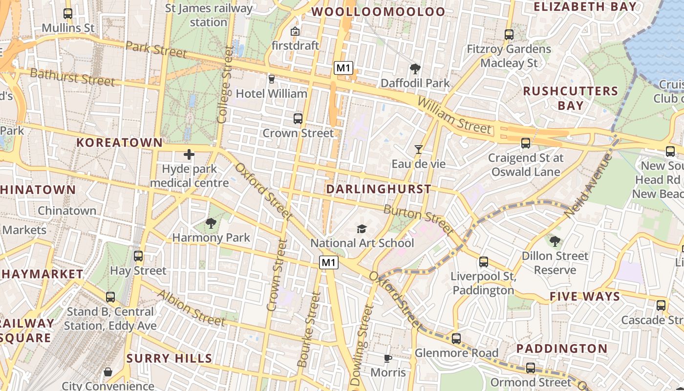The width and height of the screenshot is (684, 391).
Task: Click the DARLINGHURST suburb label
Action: tap(379, 189)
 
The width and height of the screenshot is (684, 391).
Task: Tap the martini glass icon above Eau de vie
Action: tap(419, 150)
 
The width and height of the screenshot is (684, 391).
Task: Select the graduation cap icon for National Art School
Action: tap(362, 229)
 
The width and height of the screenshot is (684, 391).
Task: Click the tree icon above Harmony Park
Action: tap(211, 224)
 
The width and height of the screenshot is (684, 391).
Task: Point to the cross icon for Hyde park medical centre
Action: tap(189, 155)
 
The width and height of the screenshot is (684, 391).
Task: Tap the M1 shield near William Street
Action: tap(343, 68)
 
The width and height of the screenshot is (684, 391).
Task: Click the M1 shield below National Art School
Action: tap(329, 262)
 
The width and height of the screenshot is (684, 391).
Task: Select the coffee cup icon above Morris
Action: tap(388, 359)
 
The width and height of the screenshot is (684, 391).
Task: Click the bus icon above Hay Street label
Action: tap(138, 256)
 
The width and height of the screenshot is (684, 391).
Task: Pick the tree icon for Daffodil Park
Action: tap(415, 69)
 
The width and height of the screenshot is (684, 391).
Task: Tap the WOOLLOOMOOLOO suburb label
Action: tap(378, 12)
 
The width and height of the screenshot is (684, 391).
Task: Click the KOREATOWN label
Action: tap(120, 143)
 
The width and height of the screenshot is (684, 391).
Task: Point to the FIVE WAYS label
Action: tap(584, 297)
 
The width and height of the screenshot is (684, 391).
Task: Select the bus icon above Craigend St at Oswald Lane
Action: tap(526, 143)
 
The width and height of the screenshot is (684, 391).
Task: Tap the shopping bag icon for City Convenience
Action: tap(108, 372)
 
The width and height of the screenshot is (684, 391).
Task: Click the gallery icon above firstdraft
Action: tap(295, 32)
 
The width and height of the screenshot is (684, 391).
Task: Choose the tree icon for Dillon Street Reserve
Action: tap(555, 241)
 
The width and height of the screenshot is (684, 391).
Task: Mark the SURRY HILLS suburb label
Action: tap(169, 358)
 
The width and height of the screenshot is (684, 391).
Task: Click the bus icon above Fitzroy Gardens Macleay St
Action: tap(509, 35)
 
